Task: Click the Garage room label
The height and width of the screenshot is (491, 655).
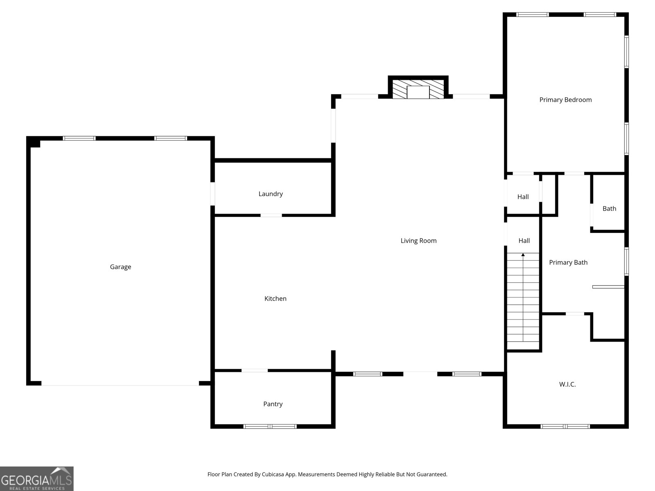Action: pos(120,267)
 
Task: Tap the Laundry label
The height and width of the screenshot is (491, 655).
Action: pos(271,194)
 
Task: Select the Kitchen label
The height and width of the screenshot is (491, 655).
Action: pos(276,298)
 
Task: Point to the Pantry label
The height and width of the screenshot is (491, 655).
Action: pos(273,404)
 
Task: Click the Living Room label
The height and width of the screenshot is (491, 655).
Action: pos(418,241)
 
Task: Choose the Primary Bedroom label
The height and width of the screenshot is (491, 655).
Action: pos(565,100)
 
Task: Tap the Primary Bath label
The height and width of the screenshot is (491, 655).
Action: pos(568,262)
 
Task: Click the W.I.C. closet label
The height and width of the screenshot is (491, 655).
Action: pos(567,384)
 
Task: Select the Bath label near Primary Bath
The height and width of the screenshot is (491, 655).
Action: pos(609,209)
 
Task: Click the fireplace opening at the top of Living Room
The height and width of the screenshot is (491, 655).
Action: pos(418,92)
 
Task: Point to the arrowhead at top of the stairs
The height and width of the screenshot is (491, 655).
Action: pos(523,255)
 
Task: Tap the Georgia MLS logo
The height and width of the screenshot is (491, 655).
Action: pos(37,478)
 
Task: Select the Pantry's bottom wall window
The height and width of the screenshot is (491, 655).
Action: pos(270,426)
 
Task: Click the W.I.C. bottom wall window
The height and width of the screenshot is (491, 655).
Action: pos(565,426)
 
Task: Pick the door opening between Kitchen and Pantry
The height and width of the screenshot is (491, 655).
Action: pos(255,371)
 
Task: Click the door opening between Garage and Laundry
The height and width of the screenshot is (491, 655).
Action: pos(212,194)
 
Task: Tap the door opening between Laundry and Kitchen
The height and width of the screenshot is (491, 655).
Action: pos(271,215)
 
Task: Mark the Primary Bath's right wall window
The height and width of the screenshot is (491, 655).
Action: pos(626,262)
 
